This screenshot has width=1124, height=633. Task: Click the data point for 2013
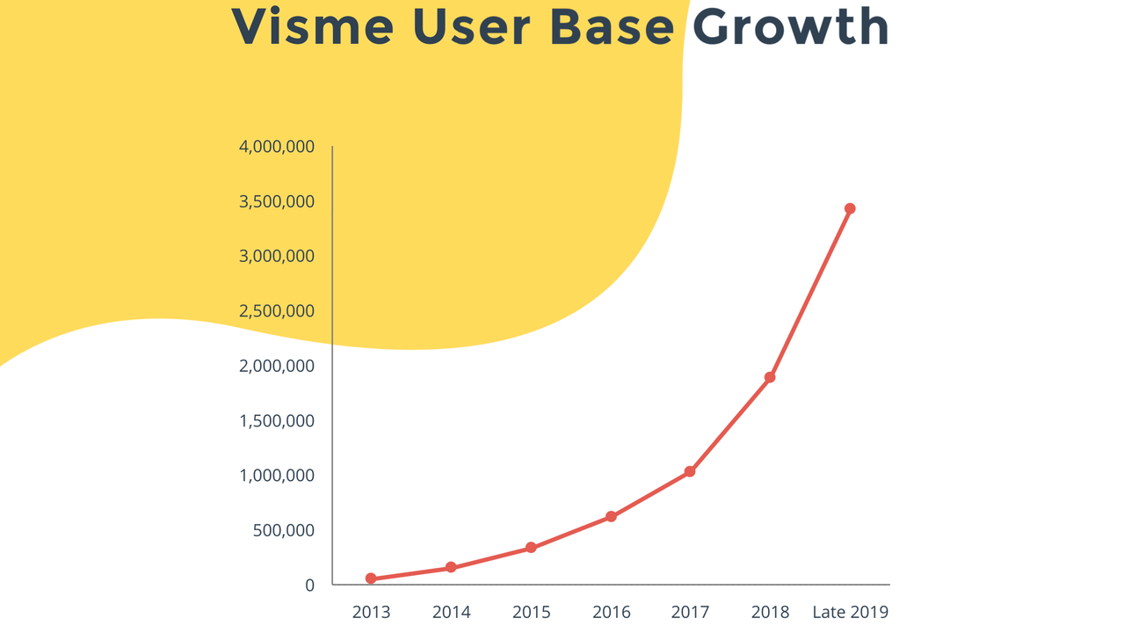tap(371, 578)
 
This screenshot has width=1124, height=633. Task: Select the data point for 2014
tap(451, 568)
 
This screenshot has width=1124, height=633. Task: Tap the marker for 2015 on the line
tap(531, 548)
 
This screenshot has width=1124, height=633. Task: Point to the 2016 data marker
tap(611, 517)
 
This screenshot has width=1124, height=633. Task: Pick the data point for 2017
tap(690, 472)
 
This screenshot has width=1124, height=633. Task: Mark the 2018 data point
tap(770, 377)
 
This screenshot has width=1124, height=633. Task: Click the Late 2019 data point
tap(850, 208)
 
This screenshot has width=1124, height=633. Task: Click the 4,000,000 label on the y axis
tap(277, 147)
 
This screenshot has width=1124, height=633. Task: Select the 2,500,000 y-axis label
tap(277, 311)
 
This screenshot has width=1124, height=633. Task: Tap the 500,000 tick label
tap(284, 530)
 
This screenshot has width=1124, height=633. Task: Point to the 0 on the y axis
tap(309, 586)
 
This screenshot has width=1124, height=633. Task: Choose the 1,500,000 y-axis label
tap(277, 421)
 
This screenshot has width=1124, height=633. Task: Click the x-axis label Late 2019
tap(850, 612)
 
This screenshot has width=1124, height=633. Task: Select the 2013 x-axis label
tap(371, 612)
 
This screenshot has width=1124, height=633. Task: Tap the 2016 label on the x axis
tap(611, 612)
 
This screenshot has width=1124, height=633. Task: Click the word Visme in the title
tap(313, 26)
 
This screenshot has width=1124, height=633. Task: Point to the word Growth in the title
tap(791, 26)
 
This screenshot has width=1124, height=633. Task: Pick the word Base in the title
tap(612, 26)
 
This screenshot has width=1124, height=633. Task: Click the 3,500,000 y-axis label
tap(277, 202)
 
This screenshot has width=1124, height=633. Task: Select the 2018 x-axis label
tap(770, 612)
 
